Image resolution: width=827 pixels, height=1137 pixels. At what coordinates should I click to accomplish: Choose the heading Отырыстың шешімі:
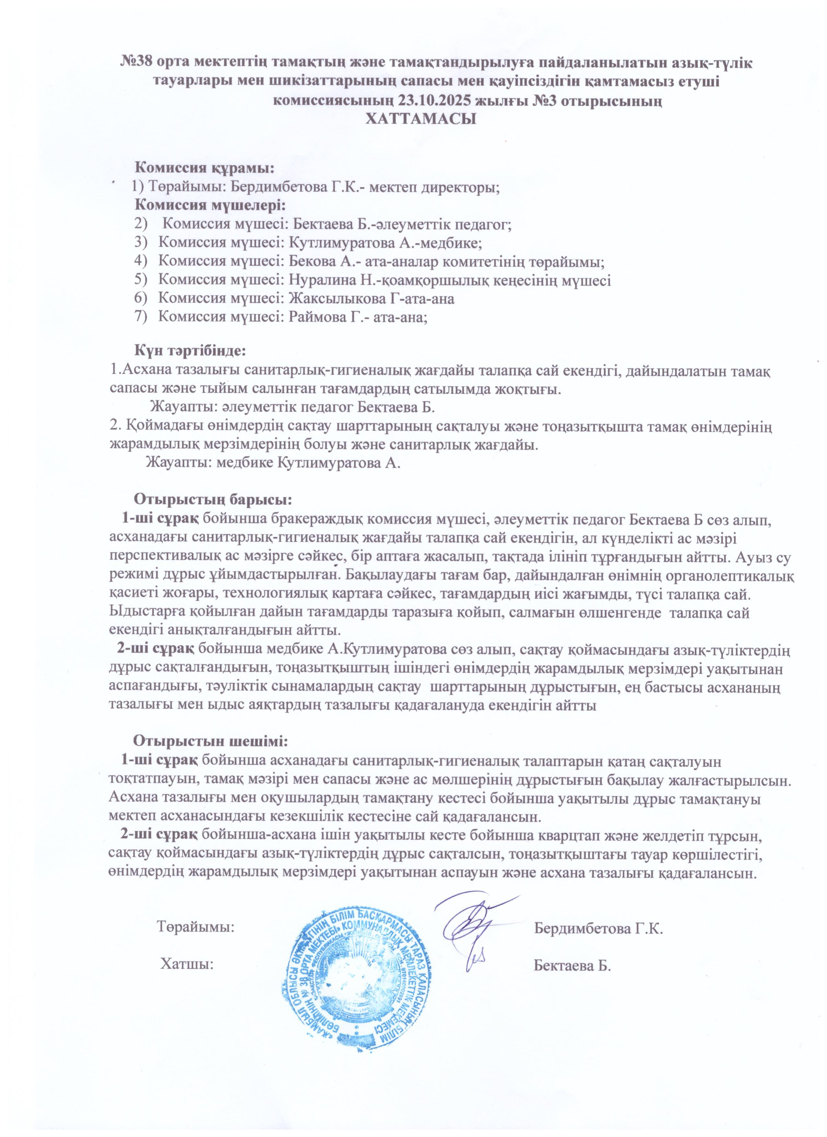tap(210, 740)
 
